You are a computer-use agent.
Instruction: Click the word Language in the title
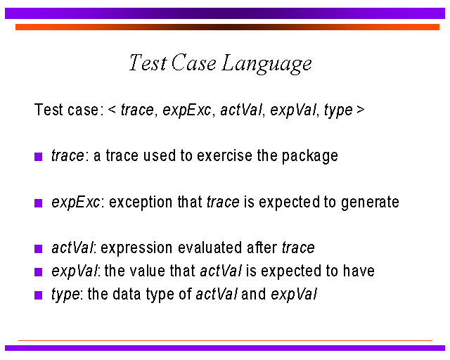point(266,64)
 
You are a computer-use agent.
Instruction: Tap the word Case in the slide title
point(194,63)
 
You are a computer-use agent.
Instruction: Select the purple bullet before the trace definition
point(38,157)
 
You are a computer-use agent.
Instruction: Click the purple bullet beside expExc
point(38,203)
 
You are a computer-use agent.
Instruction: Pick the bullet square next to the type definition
point(38,295)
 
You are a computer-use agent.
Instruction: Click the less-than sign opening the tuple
point(112,110)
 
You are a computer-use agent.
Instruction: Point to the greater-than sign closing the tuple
point(361,110)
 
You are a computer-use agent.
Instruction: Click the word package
point(310,157)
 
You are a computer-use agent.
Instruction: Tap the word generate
point(371,202)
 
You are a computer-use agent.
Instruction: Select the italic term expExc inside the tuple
point(187,110)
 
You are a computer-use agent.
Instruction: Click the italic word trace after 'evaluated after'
point(298,247)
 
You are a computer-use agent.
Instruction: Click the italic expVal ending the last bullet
point(294,295)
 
